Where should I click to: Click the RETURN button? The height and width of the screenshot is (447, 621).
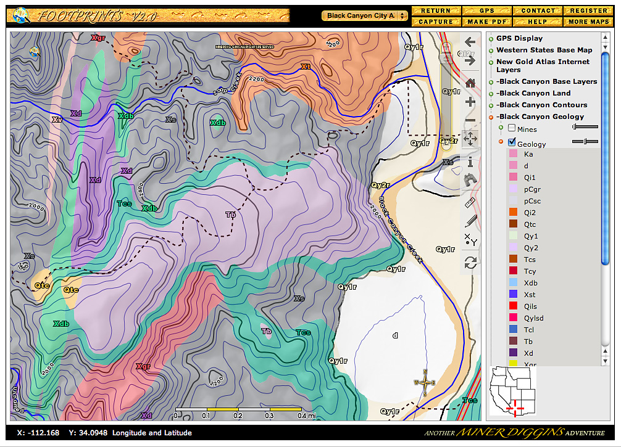point(436,10)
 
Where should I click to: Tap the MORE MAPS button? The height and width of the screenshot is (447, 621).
point(588,22)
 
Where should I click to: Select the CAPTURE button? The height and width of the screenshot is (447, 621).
point(436,22)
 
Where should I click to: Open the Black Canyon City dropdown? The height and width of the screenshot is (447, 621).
point(365,15)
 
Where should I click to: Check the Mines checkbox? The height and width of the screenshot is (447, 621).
point(512,129)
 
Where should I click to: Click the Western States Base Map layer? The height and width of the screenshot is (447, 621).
point(544,50)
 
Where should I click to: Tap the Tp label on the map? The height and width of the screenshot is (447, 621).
point(231,215)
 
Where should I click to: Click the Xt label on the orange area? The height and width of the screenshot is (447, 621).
point(305,66)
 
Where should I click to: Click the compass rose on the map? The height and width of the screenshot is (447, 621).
point(425,382)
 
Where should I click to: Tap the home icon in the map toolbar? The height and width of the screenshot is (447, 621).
point(470,83)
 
